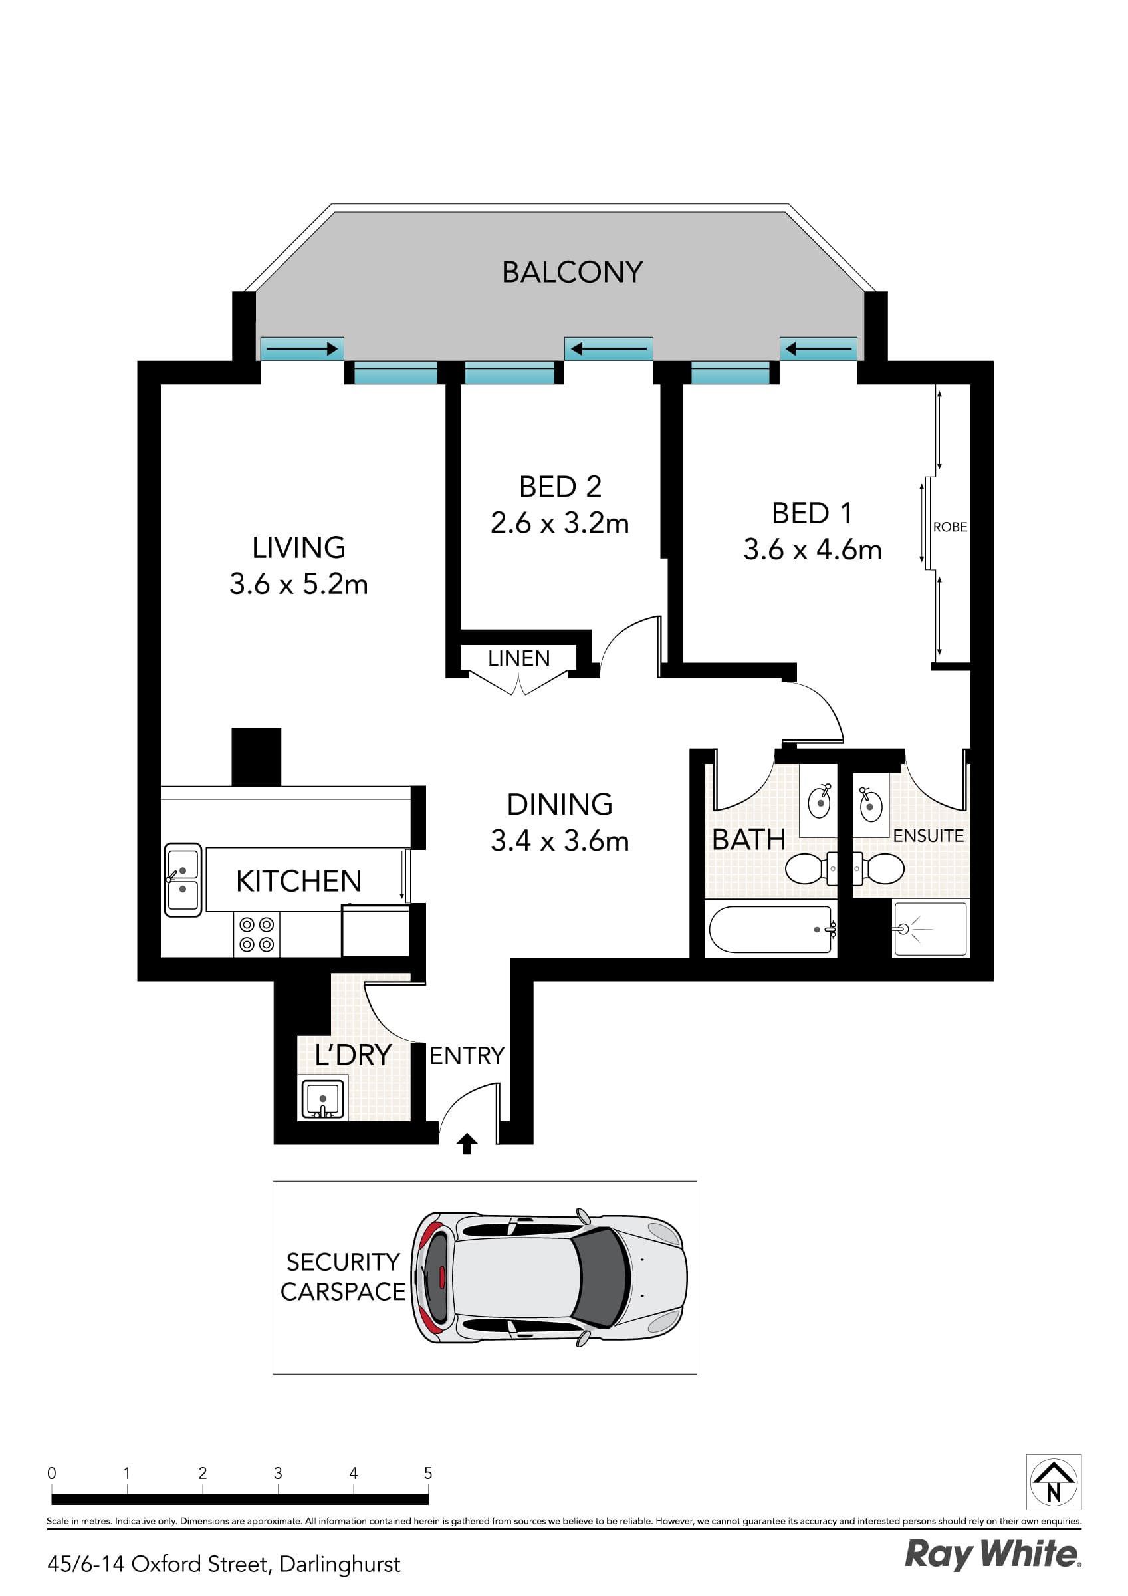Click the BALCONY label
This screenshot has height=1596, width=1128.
tap(572, 272)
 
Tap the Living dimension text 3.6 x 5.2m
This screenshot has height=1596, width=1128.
tap(299, 584)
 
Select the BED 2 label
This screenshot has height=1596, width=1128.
tap(560, 487)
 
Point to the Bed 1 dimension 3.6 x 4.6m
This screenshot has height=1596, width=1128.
tap(812, 550)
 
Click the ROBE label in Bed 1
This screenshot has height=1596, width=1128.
tap(949, 527)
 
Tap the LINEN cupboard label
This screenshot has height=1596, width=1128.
tap(518, 658)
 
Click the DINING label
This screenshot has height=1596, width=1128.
tap(560, 804)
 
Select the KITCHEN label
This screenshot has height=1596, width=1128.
tap(299, 880)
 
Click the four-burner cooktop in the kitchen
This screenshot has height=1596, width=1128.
tap(257, 934)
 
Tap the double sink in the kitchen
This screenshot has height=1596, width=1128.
tap(183, 879)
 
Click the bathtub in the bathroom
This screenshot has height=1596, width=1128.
tap(770, 929)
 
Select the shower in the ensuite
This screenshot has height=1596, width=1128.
tap(930, 929)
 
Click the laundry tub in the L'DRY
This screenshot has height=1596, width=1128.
tap(322, 1099)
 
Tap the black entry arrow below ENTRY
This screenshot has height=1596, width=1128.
tap(467, 1144)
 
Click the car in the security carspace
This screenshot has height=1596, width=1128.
tap(549, 1277)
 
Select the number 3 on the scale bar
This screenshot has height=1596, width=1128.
tap(277, 1473)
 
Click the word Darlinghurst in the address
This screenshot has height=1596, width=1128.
tap(340, 1564)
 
